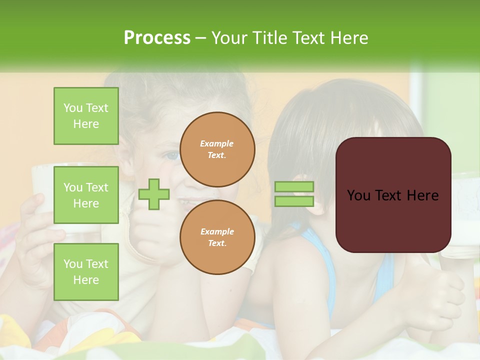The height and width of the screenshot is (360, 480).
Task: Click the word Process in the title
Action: [157, 38]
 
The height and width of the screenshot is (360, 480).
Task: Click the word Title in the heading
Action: [267, 38]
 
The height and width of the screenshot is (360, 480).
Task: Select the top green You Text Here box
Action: [86, 116]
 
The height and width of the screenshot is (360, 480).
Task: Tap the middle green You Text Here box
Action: [86, 195]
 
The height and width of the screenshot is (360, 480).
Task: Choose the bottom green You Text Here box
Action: [86, 271]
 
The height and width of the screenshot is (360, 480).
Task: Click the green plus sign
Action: [154, 194]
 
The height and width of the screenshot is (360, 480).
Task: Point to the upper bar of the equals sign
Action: [294, 187]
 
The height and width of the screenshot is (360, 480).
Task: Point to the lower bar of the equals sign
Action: [294, 201]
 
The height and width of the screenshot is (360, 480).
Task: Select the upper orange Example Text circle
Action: [217, 149]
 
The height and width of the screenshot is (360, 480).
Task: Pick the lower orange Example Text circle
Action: [217, 237]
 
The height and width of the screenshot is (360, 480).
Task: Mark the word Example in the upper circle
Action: [217, 143]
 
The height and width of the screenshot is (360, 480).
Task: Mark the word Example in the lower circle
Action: [217, 231]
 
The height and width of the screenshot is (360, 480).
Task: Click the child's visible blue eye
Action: [172, 155]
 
